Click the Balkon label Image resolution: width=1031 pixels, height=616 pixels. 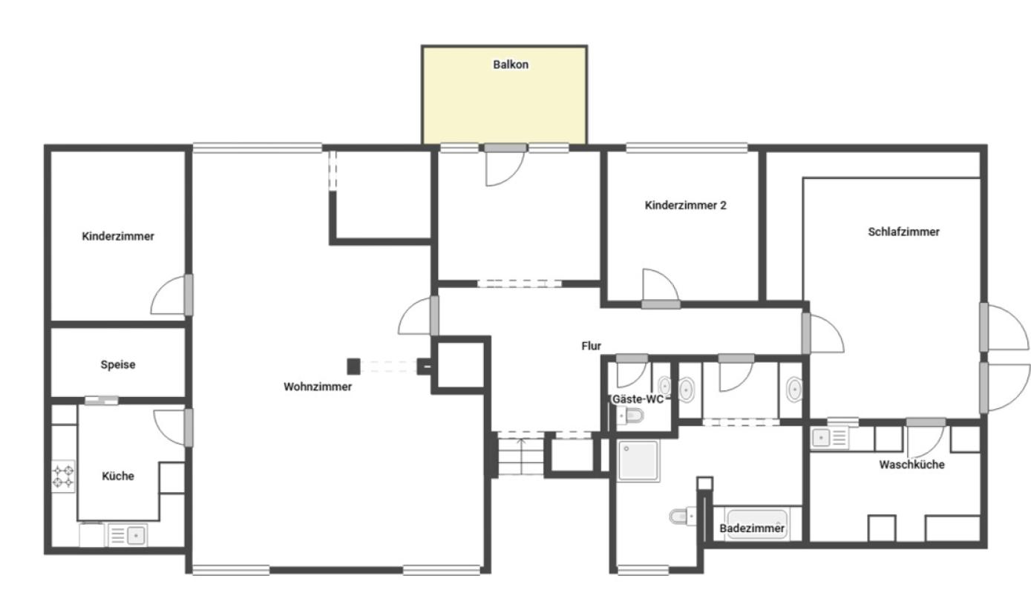[x=511, y=65]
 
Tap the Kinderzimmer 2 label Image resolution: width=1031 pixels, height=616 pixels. [x=685, y=205]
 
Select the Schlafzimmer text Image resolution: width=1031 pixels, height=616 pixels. [x=903, y=232]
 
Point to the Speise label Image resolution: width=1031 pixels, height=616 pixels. [x=118, y=365]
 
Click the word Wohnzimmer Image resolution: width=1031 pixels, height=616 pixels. [x=318, y=387]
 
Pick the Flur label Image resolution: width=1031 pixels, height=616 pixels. [x=591, y=346]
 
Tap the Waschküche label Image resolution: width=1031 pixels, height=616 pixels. [x=911, y=465]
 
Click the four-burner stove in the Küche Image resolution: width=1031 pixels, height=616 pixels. [x=63, y=476]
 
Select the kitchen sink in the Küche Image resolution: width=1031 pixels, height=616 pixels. [x=128, y=536]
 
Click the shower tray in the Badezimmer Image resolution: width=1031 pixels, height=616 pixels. [x=638, y=460]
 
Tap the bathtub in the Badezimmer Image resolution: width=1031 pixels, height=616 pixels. [x=757, y=524]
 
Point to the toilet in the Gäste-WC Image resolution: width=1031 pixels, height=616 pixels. [x=631, y=416]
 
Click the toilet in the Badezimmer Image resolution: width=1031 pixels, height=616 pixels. [x=683, y=516]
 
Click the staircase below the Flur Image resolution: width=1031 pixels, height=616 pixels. [x=520, y=456]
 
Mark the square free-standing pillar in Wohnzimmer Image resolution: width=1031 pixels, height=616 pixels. [x=353, y=367]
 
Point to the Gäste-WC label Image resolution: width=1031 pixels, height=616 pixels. [x=638, y=399]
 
